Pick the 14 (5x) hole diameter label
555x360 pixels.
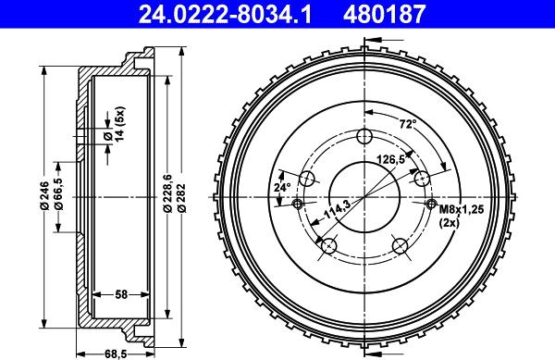pyautogui.click(x=113, y=125)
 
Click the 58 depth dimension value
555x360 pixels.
pyautogui.click(x=121, y=294)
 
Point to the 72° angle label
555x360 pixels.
pyautogui.click(x=406, y=123)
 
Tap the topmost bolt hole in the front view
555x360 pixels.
pyautogui.click(x=364, y=137)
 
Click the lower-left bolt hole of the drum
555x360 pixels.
pyautogui.click(x=327, y=245)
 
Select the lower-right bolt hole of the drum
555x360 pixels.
pyautogui.click(x=401, y=245)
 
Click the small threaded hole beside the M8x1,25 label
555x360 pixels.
pyautogui.click(x=430, y=204)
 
